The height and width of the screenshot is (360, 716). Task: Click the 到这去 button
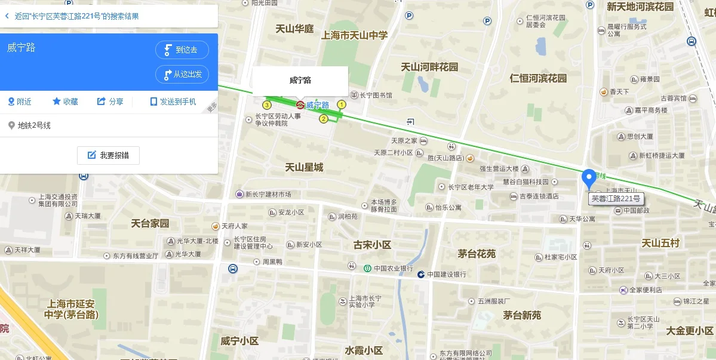pos(182,50)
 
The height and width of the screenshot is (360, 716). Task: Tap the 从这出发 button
pos(182,75)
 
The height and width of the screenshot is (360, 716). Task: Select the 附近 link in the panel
pos(20,101)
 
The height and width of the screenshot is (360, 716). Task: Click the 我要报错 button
pos(108,155)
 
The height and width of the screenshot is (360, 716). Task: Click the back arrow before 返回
pos(7,16)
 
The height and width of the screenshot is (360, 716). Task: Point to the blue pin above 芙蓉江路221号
pos(589,178)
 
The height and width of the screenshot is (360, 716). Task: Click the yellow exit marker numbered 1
pos(342,104)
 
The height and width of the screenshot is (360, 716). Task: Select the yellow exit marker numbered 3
pos(267,105)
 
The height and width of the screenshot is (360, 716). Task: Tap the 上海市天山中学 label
pos(354,35)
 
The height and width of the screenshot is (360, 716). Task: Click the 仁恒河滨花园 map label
pos(538,78)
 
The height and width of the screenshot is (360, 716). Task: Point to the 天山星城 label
pos(304,167)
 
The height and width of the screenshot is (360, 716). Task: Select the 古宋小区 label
pos(372,245)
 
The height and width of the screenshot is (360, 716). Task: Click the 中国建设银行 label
pos(445,275)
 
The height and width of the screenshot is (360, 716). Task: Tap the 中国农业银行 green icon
pos(368,268)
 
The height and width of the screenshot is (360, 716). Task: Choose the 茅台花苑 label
pos(477,254)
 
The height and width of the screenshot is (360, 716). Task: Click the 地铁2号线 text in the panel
pos(34,125)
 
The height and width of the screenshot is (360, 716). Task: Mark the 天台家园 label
pos(150,224)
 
